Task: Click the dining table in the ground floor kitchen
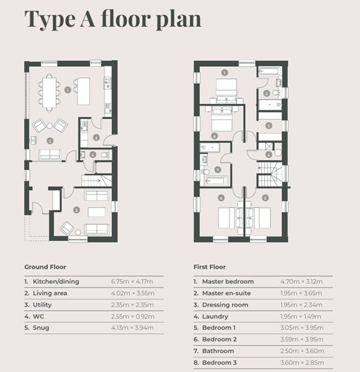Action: tap(49, 90)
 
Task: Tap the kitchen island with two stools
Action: tap(82, 85)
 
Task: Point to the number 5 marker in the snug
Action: tap(76, 210)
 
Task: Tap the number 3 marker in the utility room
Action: tap(96, 138)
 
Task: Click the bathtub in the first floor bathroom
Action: tap(213, 181)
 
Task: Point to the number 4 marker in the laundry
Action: tap(268, 154)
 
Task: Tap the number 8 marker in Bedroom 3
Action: tap(214, 136)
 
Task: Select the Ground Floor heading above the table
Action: tap(45, 267)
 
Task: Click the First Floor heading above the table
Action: tap(210, 267)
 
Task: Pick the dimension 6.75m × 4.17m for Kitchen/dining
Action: tap(132, 282)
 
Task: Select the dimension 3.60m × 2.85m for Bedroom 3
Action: tap(302, 363)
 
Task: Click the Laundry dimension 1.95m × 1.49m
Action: tap(302, 317)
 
